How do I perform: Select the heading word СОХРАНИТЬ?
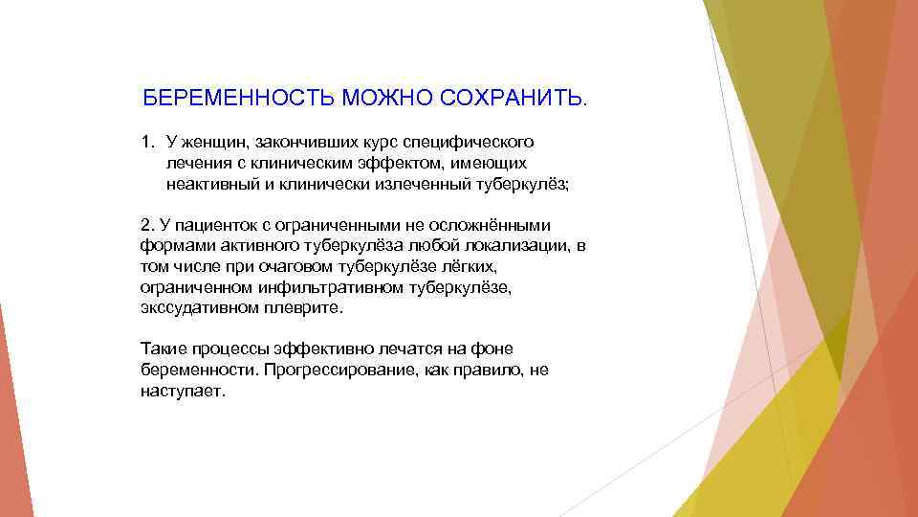point(516,99)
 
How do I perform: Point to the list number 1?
point(146,142)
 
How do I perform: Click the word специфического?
point(466,142)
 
